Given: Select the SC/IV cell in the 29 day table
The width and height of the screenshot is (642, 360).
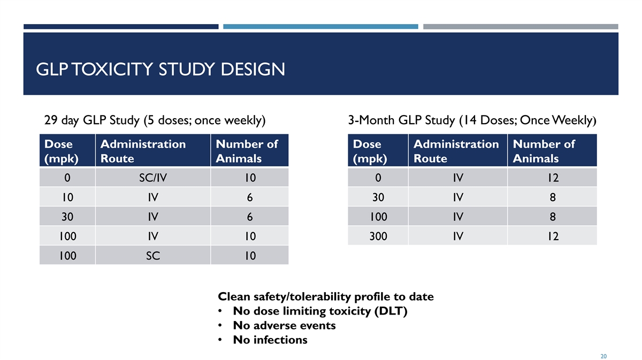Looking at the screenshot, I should [152, 178].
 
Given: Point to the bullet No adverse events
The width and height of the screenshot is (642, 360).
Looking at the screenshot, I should [284, 325].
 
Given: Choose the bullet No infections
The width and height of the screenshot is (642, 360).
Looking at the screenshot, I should [270, 340].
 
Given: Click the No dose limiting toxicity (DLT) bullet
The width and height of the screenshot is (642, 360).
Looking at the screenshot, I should [320, 311].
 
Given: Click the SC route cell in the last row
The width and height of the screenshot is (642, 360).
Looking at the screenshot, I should [152, 255].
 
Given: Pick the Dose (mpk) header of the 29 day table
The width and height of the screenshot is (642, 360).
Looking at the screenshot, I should [59, 151].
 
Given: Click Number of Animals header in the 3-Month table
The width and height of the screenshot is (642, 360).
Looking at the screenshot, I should [544, 151].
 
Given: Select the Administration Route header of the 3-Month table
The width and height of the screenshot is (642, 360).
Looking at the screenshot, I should [456, 151].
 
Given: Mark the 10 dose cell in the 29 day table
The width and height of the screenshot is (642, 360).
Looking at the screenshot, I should [67, 197].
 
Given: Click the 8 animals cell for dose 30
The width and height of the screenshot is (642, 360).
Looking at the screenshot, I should [552, 197].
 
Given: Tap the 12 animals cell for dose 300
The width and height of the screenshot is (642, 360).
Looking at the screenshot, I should [552, 235].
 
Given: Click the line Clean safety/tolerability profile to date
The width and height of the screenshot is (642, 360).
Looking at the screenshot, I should [325, 296].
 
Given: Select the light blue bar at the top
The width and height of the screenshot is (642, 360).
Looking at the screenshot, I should [320, 26].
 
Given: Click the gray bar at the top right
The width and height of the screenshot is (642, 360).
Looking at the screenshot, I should [521, 26].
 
